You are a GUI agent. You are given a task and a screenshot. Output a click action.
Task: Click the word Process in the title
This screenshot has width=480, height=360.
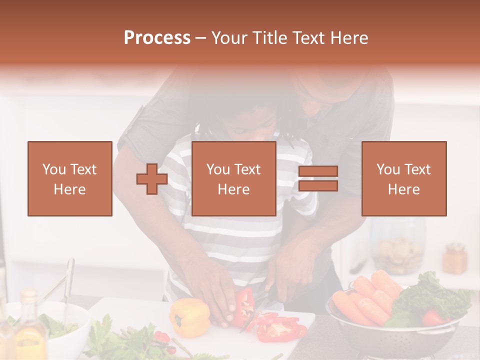pos(157,38)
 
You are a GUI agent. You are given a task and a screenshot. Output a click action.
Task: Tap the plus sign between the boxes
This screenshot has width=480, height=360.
pos(152,179)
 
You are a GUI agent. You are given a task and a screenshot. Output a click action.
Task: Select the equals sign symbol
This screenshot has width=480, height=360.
pos(318,179)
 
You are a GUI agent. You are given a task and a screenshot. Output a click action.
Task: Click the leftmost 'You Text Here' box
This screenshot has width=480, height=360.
pos(70,179)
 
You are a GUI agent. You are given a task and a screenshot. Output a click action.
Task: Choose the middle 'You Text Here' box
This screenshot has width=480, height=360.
pos(233,179)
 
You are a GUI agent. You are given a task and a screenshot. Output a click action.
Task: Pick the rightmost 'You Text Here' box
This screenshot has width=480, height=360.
pos(403,179)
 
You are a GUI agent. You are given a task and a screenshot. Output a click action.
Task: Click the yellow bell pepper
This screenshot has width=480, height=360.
pos(189,317)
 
